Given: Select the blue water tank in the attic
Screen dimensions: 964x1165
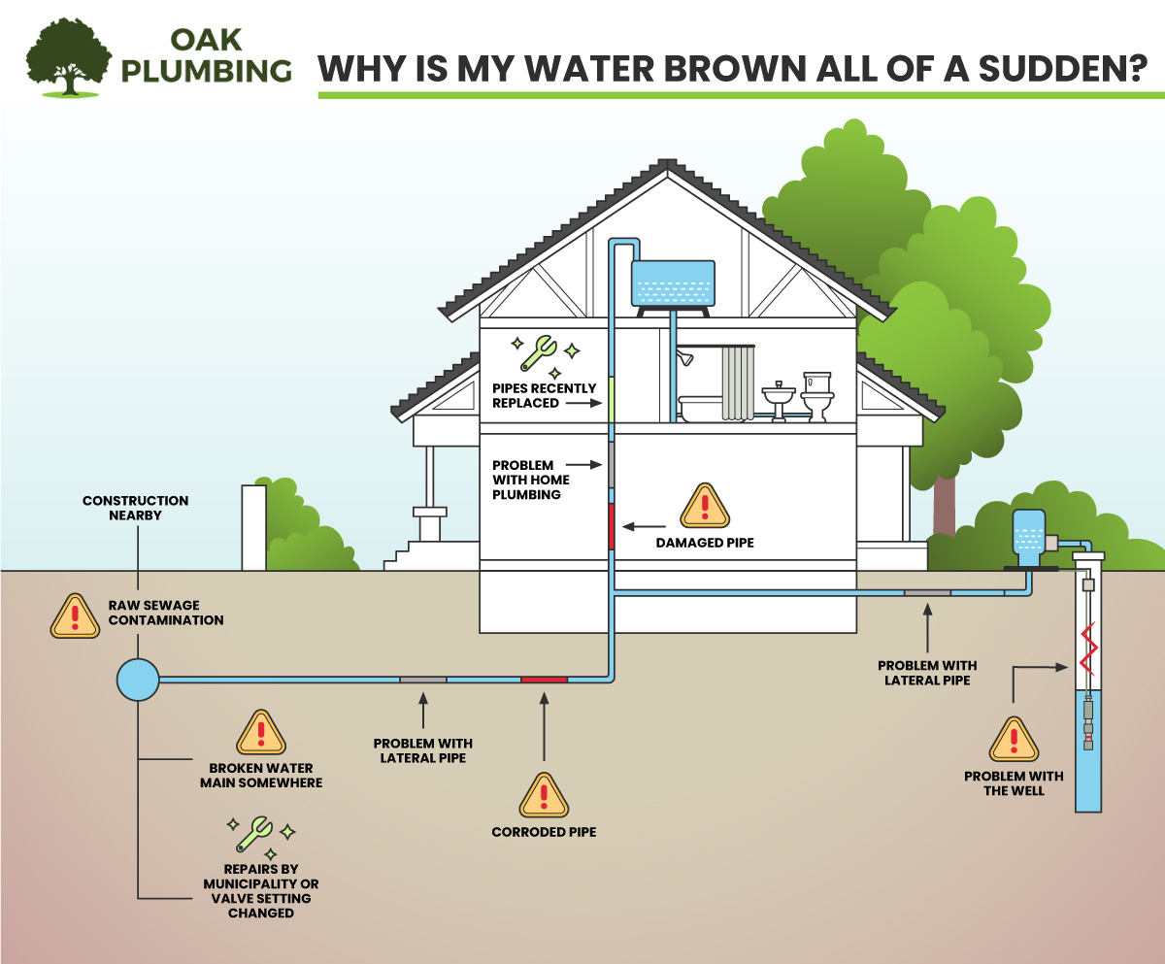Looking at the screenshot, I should (x=673, y=284).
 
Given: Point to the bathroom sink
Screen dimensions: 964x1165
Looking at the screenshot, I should (x=778, y=398).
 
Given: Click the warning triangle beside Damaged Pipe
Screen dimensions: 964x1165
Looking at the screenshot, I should (x=704, y=507).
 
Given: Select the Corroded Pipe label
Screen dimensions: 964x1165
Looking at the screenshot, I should (x=544, y=832).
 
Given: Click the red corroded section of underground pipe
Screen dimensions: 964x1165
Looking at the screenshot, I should (x=544, y=680).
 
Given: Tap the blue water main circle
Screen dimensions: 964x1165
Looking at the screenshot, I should (x=137, y=680).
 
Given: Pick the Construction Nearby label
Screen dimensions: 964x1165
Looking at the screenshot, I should (x=135, y=508).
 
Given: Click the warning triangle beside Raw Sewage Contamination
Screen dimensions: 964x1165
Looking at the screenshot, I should (x=75, y=615).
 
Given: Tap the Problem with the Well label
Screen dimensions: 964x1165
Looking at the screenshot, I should (x=1014, y=782).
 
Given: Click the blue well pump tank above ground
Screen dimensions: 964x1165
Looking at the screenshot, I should (x=1027, y=535).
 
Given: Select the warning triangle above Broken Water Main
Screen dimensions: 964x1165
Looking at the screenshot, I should (x=260, y=733).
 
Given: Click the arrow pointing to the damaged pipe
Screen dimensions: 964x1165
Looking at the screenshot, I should (x=644, y=527).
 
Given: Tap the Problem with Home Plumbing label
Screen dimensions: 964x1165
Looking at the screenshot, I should (x=530, y=480).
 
